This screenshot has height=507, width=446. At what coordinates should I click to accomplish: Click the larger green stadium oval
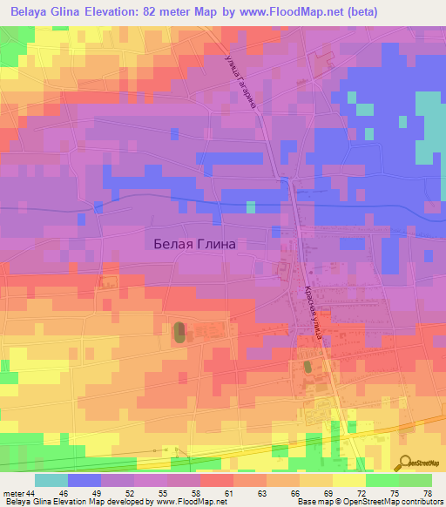179,332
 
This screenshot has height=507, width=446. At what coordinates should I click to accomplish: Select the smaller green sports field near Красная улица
307,368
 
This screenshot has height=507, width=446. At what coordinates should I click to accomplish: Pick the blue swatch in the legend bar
84,480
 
